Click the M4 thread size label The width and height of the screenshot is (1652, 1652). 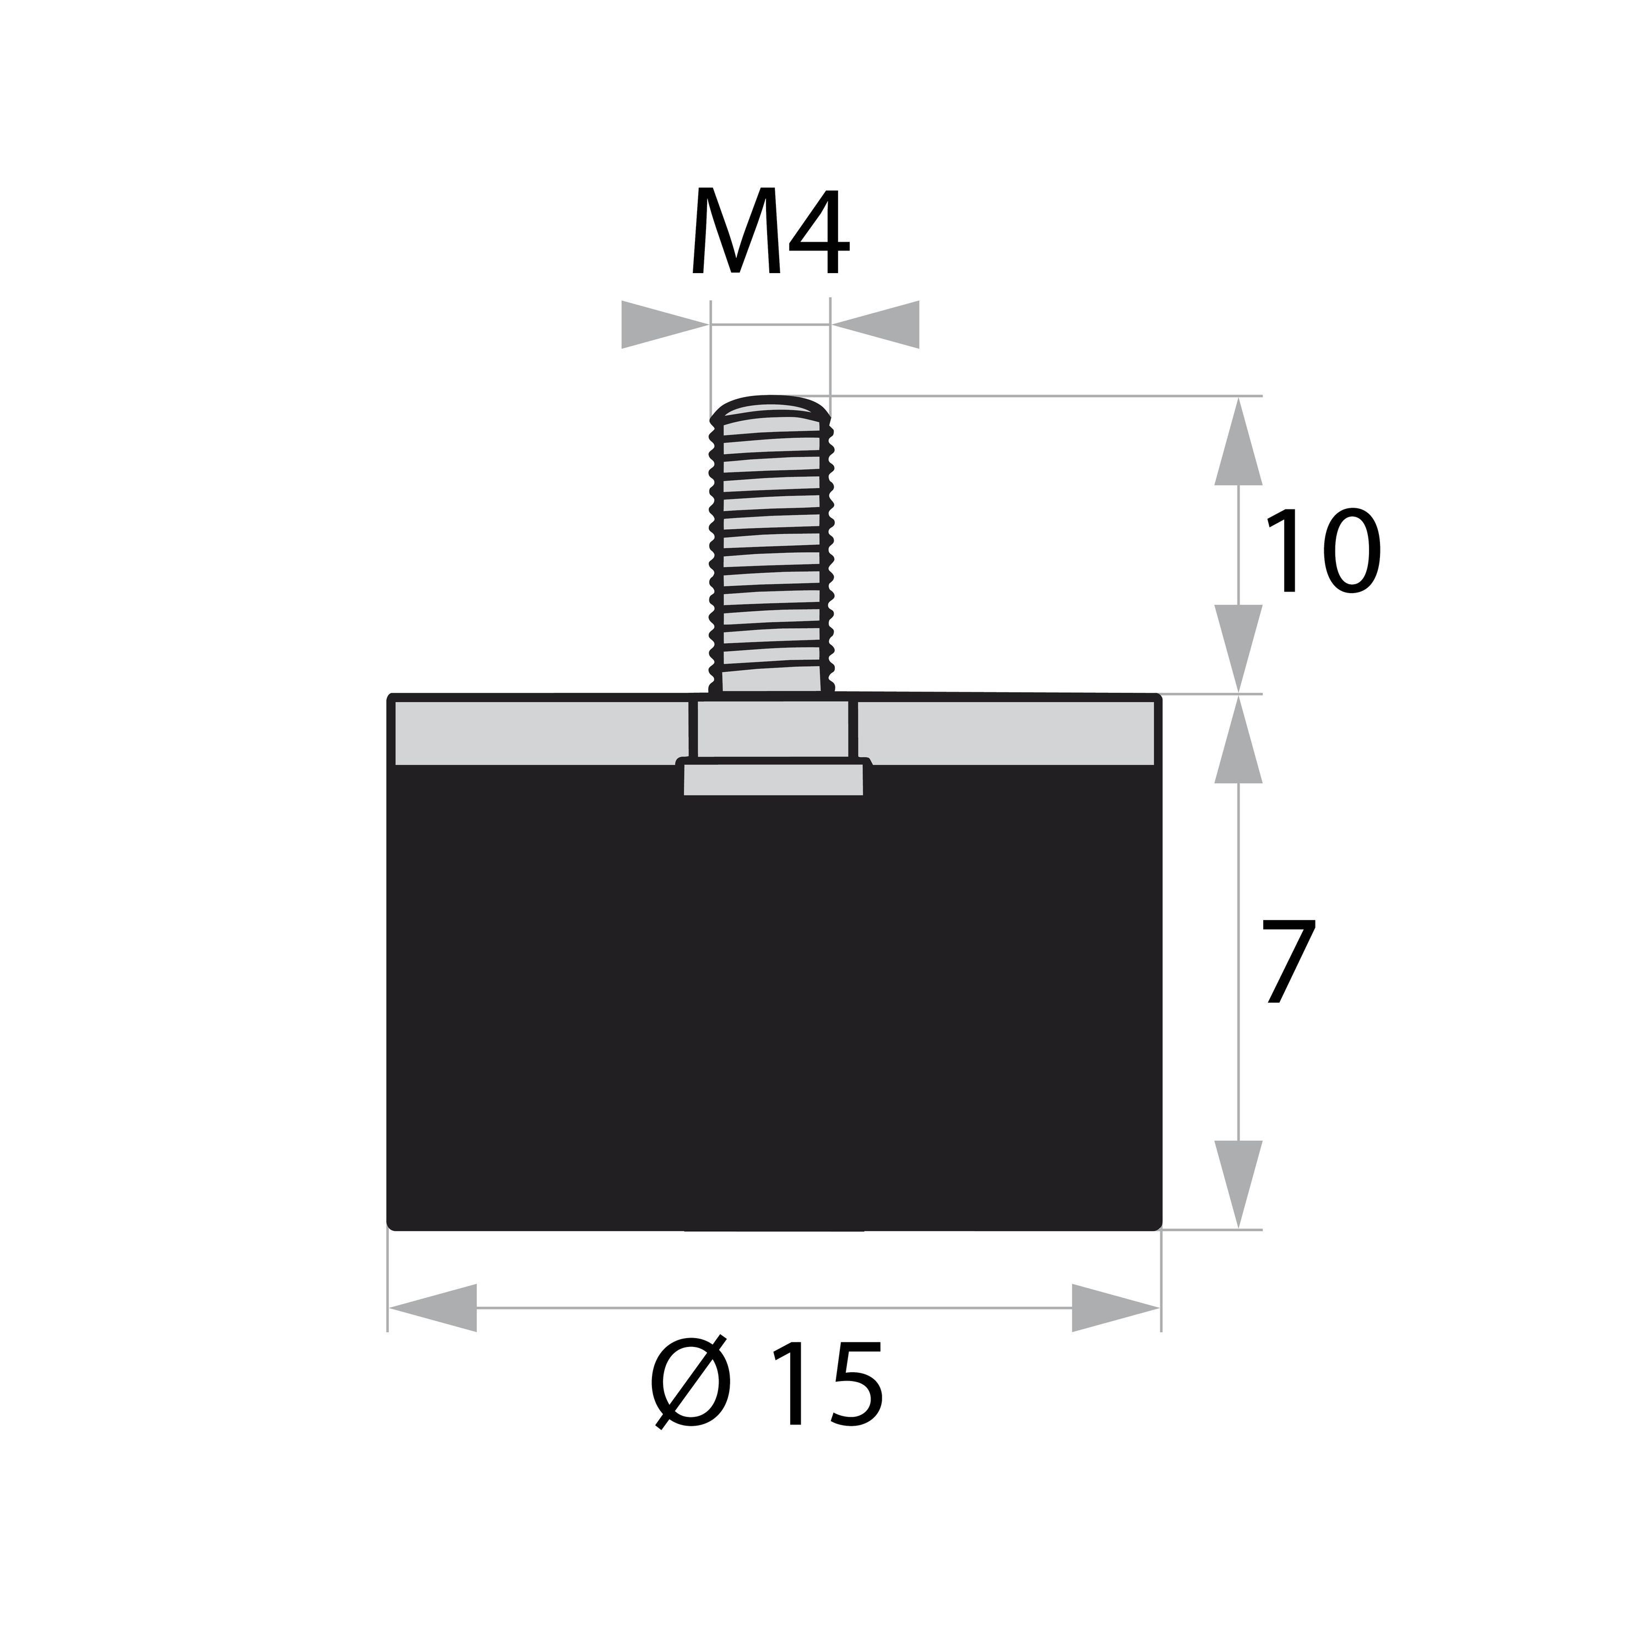click(x=770, y=232)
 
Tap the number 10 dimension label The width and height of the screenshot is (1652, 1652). click(x=1323, y=551)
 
